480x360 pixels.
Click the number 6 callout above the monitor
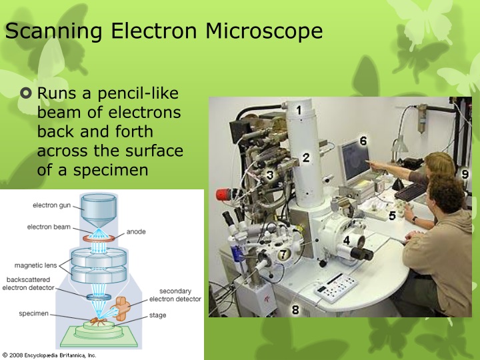tap(363, 141)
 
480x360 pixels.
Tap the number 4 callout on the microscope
tap(346, 239)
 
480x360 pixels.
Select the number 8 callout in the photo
tap(295, 309)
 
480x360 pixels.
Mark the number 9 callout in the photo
tap(465, 173)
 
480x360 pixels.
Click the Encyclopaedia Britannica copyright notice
tap(49, 355)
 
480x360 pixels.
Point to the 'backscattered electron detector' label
tap(29, 284)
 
